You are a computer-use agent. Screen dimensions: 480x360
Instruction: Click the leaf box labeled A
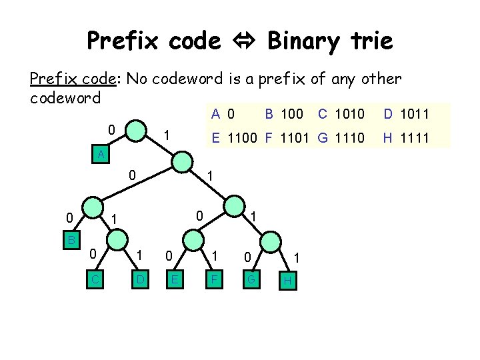click(x=100, y=155)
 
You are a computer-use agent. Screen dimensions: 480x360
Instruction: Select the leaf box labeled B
click(x=71, y=239)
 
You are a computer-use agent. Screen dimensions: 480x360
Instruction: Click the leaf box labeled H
click(x=288, y=281)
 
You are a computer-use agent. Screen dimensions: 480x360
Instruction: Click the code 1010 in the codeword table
click(x=350, y=114)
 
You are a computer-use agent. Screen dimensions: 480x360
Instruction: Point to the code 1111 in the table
click(x=412, y=138)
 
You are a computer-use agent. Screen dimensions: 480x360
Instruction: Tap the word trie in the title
click(x=369, y=41)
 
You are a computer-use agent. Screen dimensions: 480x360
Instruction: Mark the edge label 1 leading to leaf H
click(x=297, y=257)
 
